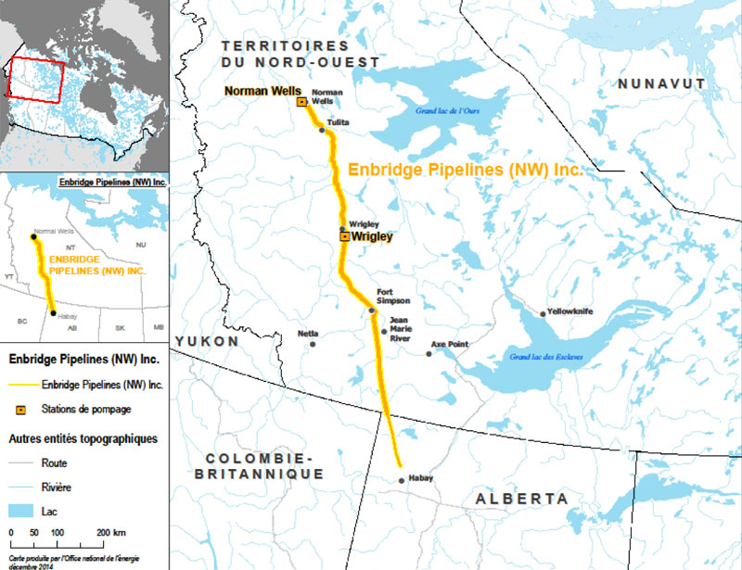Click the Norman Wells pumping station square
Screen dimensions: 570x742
coord(301,102)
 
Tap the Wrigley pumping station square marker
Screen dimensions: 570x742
coord(345,237)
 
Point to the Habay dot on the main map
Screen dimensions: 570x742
coord(401,480)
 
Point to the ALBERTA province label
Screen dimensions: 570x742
coord(522,499)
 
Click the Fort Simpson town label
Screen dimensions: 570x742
coord(392,296)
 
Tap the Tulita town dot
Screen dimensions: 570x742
coord(322,130)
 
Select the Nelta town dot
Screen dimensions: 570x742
coord(313,344)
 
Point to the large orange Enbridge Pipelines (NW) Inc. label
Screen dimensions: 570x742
coord(464,171)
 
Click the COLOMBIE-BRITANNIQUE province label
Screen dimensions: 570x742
coord(262,466)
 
